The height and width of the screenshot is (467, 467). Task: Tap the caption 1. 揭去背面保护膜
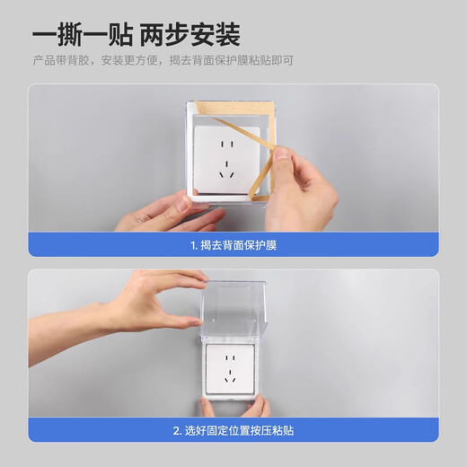pos(233,244)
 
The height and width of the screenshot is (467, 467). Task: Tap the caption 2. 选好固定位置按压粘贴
pos(233,430)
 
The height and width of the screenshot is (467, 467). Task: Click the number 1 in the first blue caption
pos(192,244)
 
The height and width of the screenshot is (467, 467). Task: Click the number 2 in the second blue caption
pos(175,430)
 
